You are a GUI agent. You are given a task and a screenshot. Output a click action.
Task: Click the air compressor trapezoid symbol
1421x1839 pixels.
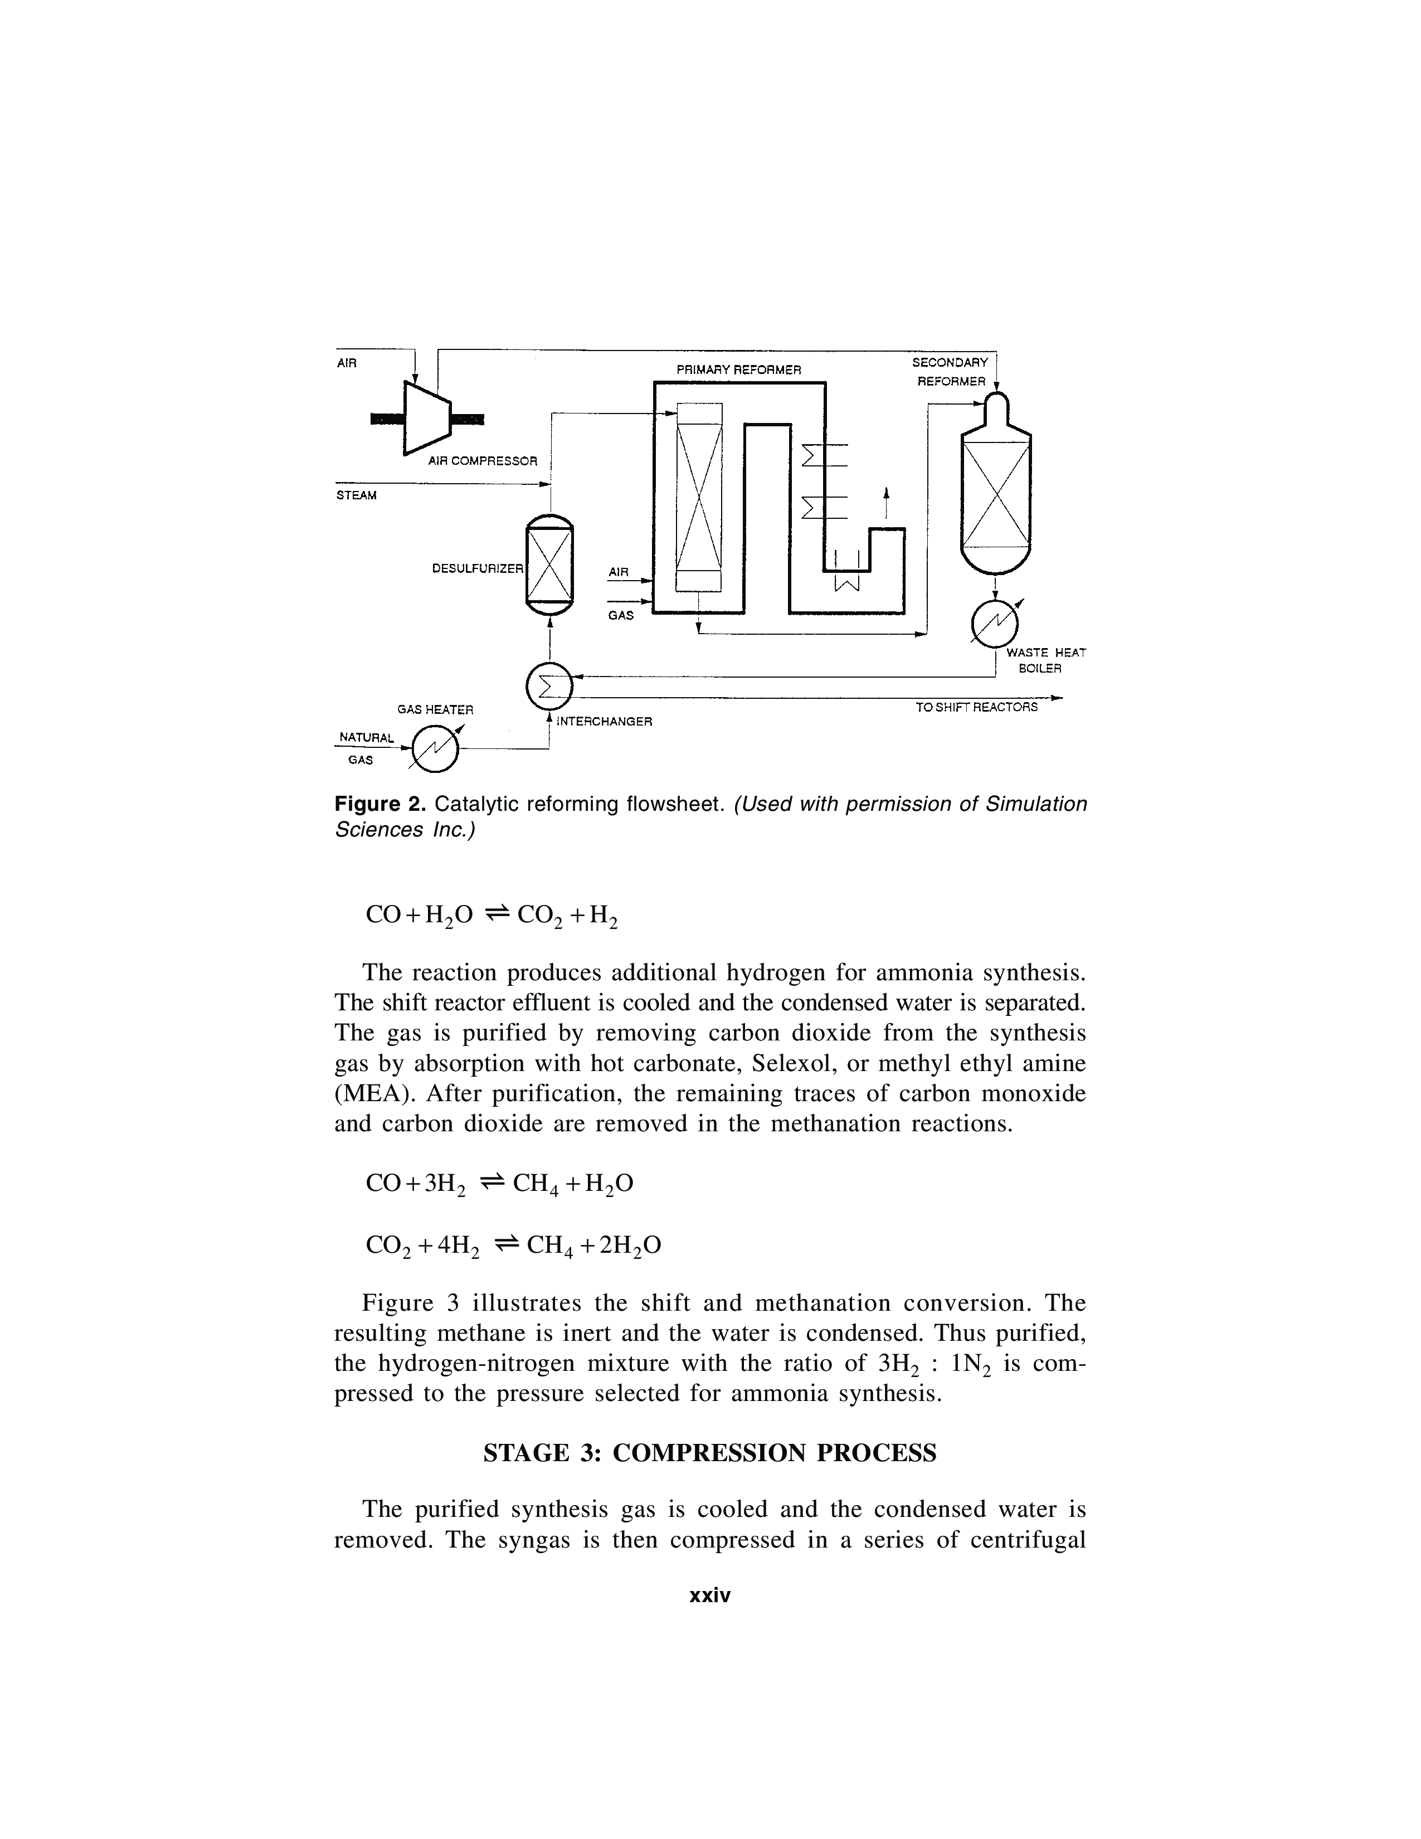click(427, 419)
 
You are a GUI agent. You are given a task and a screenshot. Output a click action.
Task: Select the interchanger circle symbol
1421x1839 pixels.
click(548, 687)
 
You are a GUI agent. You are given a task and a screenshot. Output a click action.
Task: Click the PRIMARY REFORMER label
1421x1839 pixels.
click(739, 369)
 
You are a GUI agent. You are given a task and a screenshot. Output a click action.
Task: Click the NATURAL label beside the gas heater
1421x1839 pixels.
click(366, 738)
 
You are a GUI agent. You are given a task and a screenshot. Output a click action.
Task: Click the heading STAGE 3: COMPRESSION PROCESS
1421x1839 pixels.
click(709, 1453)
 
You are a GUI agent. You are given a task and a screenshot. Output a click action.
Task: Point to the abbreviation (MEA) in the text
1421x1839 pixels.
click(366, 1094)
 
